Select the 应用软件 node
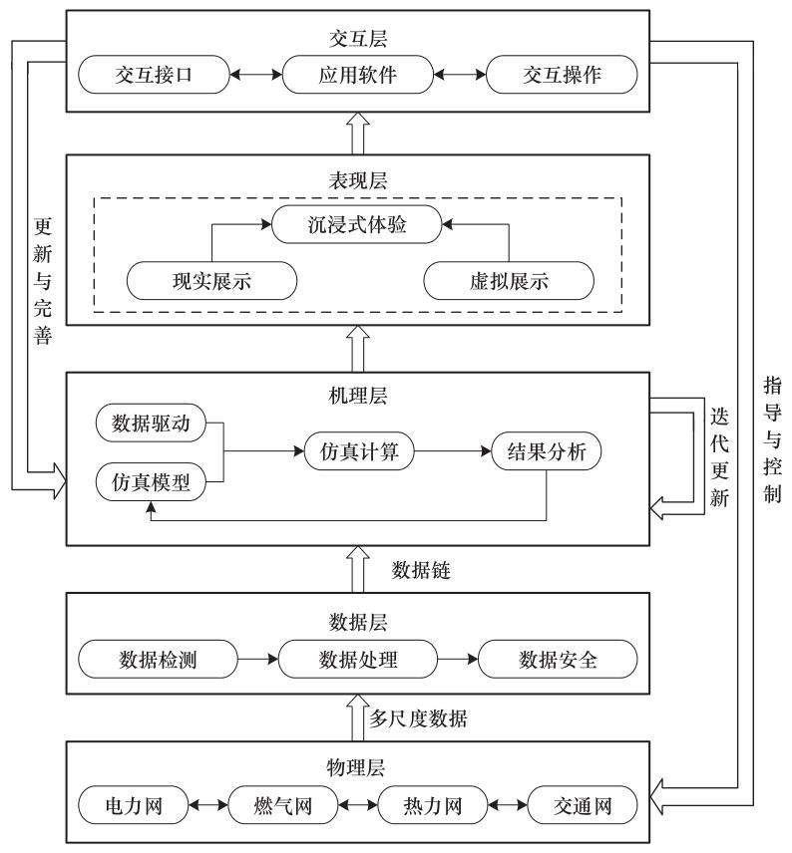pos(357,75)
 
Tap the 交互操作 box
pos(560,75)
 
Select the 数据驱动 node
pos(149,424)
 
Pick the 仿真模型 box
pos(149,482)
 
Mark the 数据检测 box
pos(159,659)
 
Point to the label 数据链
pos(423,569)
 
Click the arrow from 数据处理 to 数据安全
pos(458,659)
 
